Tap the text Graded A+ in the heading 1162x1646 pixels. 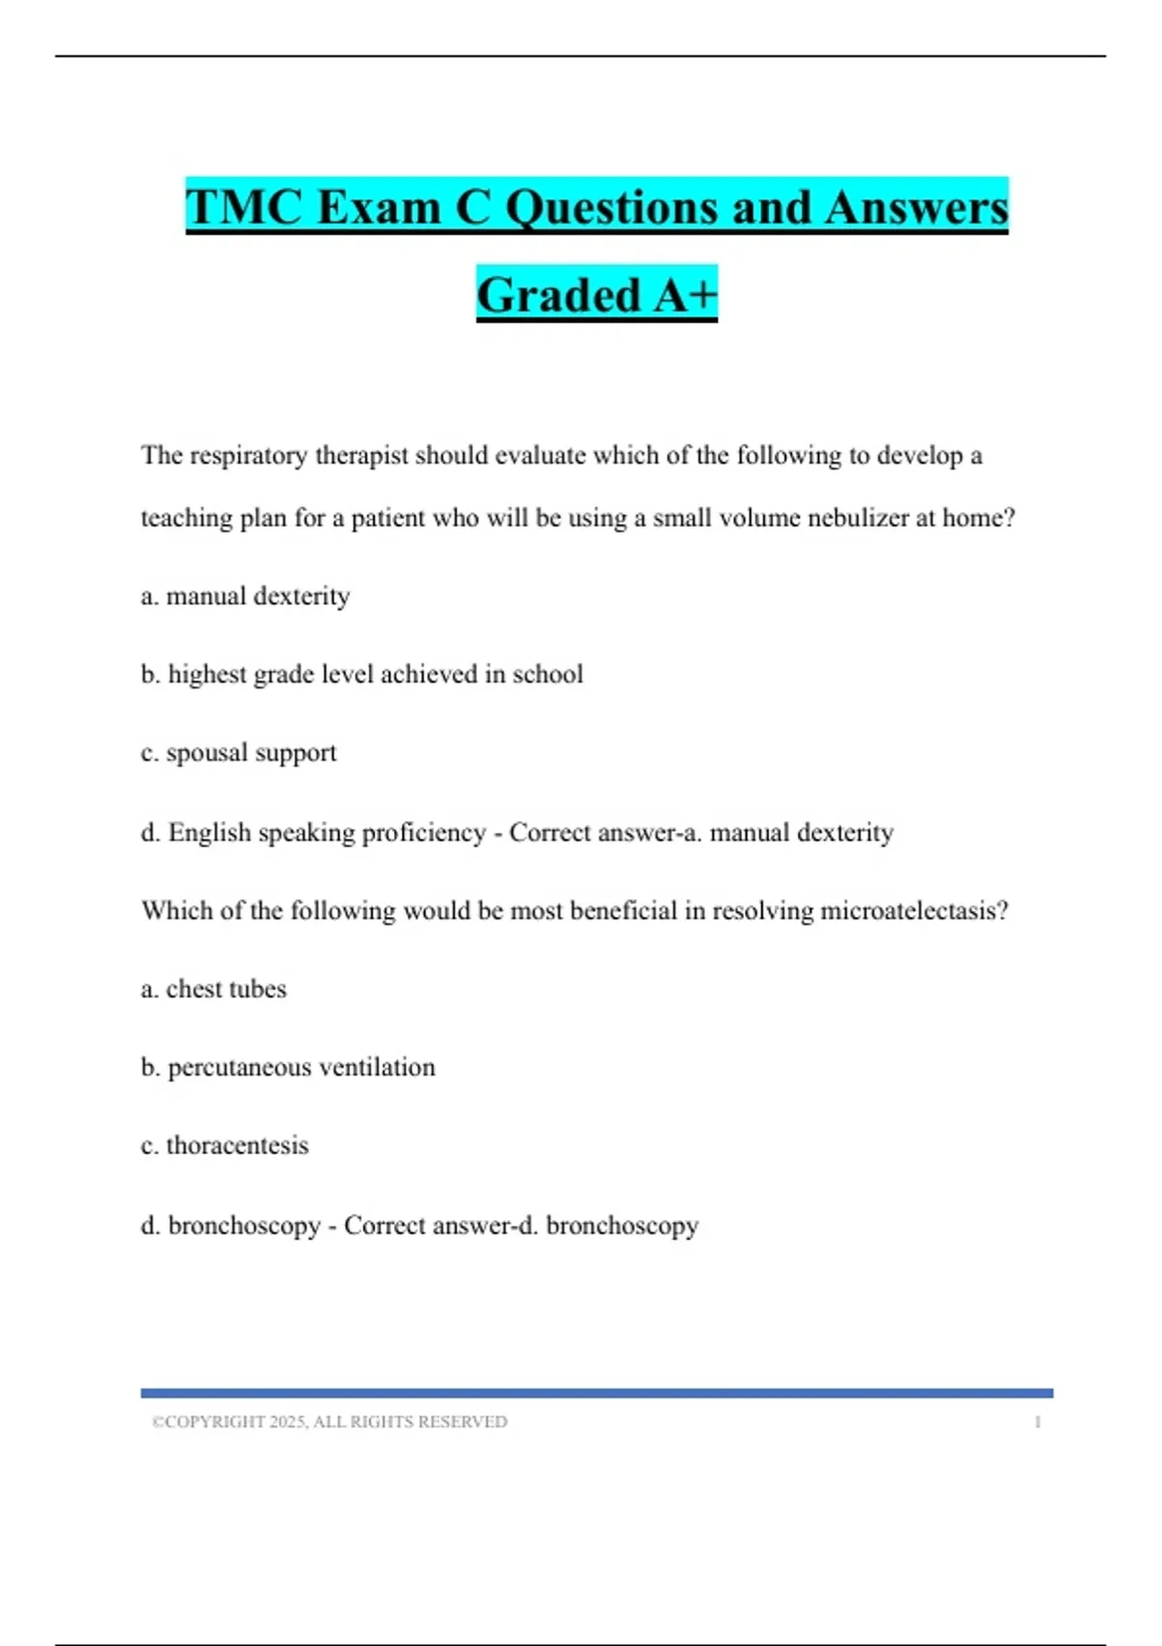point(596,294)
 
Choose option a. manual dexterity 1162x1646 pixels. point(245,595)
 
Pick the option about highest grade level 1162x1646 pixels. point(361,674)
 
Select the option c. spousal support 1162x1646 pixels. point(238,752)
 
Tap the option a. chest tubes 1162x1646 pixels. point(213,989)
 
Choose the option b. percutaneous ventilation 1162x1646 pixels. point(288,1067)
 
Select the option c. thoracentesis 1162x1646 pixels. point(225,1145)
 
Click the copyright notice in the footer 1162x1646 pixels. point(329,1421)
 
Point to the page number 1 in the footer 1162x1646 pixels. point(1037,1421)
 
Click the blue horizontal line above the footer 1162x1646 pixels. point(596,1393)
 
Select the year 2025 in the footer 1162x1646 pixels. point(288,1421)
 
